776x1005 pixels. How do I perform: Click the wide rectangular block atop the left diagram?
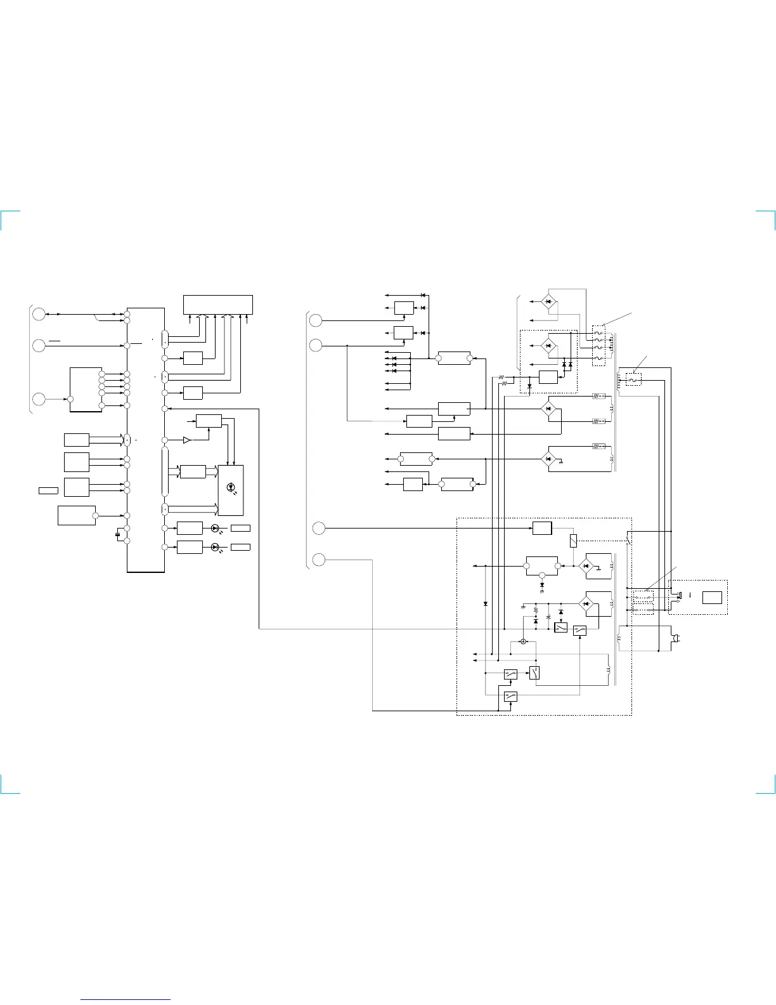pyautogui.click(x=217, y=304)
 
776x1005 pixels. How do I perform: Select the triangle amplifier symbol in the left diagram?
pyautogui.click(x=187, y=440)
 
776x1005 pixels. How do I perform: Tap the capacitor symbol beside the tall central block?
pyautogui.click(x=118, y=534)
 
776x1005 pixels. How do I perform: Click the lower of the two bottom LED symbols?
pyautogui.click(x=215, y=547)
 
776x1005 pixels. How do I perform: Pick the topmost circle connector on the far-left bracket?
pyautogui.click(x=39, y=314)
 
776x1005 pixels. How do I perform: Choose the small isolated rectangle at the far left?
pyautogui.click(x=48, y=490)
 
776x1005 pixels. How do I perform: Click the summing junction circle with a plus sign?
pyautogui.click(x=523, y=641)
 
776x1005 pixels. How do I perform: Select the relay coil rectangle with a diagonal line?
pyautogui.click(x=574, y=541)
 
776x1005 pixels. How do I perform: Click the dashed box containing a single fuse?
pyautogui.click(x=633, y=379)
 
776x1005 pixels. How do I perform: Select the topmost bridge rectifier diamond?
pyautogui.click(x=549, y=301)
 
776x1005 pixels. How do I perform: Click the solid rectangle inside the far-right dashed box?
pyautogui.click(x=712, y=597)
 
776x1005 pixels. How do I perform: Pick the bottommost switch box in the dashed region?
pyautogui.click(x=511, y=696)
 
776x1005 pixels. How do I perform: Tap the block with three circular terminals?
pyautogui.click(x=542, y=566)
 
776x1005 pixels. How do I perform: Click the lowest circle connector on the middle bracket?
pyautogui.click(x=320, y=560)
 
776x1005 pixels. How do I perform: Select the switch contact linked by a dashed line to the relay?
pyautogui.click(x=628, y=539)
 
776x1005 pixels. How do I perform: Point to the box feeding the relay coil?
pyautogui.click(x=542, y=528)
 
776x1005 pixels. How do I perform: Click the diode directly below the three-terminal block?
pyautogui.click(x=542, y=584)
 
